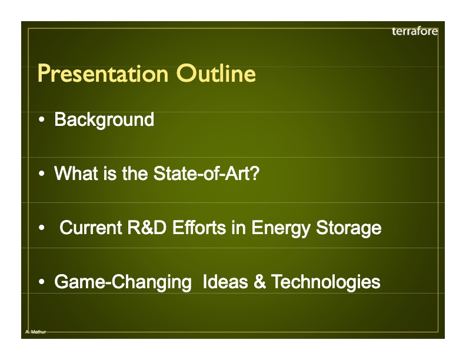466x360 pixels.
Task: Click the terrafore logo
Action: point(414,31)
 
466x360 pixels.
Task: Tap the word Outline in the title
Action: point(215,75)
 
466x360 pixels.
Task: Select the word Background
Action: point(104,120)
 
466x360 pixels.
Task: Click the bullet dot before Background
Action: point(42,121)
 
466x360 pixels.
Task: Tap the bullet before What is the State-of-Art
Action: point(42,175)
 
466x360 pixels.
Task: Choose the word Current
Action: point(91,228)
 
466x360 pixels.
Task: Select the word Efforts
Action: point(199,228)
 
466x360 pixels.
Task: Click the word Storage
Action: point(348,228)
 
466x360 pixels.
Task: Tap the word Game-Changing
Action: point(122,282)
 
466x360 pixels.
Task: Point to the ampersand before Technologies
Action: point(260,282)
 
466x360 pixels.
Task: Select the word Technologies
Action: point(326,282)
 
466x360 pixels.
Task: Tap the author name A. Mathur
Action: point(35,332)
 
